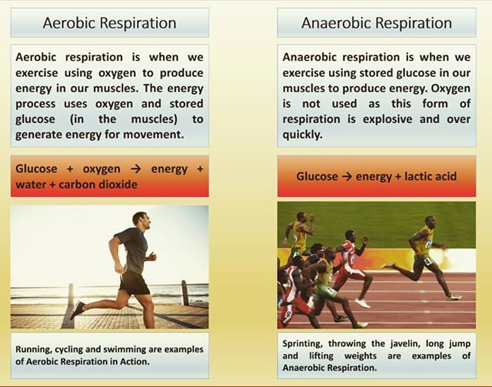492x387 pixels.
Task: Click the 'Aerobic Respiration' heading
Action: (x=109, y=22)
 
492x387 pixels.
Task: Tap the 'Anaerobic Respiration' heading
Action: (x=376, y=22)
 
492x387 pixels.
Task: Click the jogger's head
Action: (x=140, y=219)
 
